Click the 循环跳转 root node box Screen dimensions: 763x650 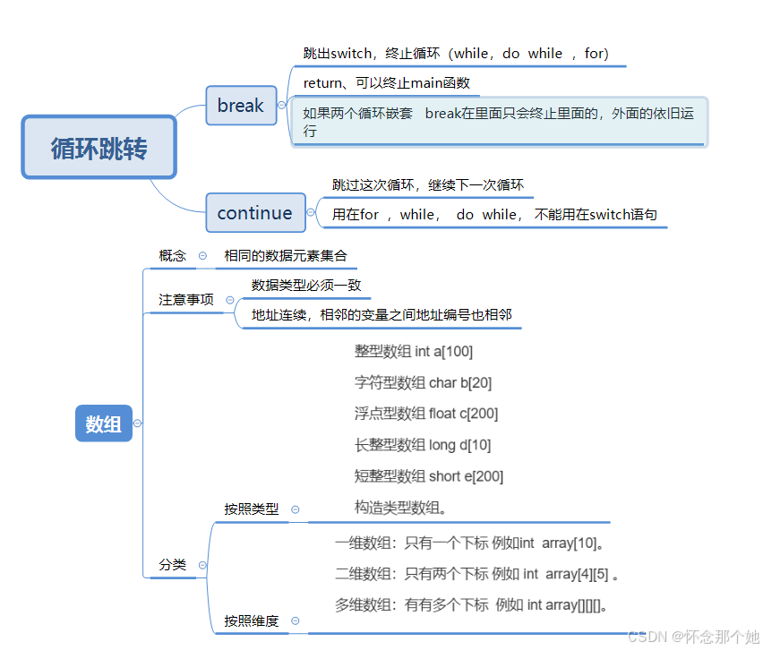(99, 148)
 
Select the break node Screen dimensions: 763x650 (241, 106)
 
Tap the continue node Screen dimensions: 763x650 (254, 213)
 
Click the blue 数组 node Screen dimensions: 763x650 (104, 424)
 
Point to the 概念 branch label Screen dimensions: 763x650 (173, 256)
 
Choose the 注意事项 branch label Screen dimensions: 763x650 (186, 300)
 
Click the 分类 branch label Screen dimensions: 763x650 (173, 565)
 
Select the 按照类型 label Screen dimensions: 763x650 (252, 509)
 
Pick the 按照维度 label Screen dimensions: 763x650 (252, 620)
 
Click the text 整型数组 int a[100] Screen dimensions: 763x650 (414, 352)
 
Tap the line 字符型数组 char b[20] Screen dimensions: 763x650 (423, 383)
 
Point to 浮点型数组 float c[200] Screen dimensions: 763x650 (426, 414)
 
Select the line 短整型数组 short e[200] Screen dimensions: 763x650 (429, 476)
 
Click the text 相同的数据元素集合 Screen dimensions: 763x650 (285, 256)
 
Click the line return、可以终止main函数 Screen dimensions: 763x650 (387, 83)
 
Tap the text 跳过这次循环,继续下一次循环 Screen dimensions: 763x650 (428, 185)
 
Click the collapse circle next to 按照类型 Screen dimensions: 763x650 (295, 509)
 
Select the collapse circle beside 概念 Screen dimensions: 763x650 (202, 256)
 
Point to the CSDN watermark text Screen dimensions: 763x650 (693, 637)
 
